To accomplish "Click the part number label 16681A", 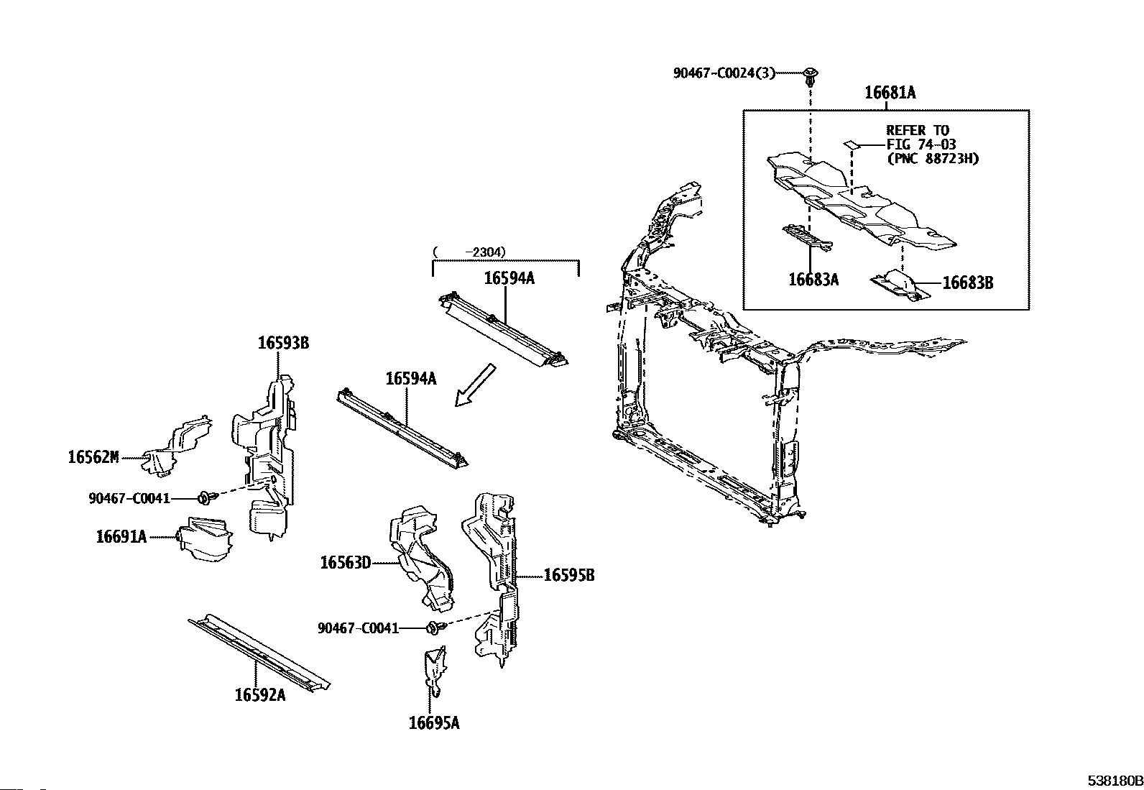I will tap(890, 93).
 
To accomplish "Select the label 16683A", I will tap(813, 280).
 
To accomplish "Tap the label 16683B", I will tap(967, 283).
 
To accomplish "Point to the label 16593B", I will tap(283, 343).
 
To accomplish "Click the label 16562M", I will tap(93, 456).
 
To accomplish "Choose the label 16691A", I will tap(121, 536).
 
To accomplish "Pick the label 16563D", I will tap(345, 563).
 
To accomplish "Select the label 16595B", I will tap(568, 575).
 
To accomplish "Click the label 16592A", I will tap(259, 695).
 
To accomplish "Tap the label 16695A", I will tap(433, 723).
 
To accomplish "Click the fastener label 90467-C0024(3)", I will tap(724, 73).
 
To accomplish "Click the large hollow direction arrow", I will tap(476, 385).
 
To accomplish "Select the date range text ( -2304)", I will tap(470, 252).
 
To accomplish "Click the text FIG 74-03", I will tap(921, 144).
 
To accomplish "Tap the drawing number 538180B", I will tap(1114, 781).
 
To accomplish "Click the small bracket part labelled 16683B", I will tap(898, 285).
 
